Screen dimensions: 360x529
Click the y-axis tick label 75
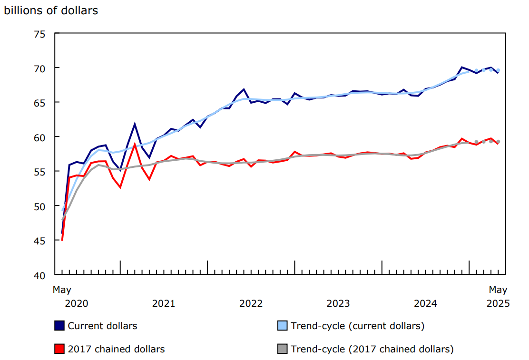(39, 34)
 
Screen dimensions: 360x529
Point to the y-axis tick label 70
(39, 68)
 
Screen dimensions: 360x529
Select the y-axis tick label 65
(39, 103)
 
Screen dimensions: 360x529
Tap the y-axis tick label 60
(39, 137)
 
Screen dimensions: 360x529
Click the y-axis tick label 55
(39, 172)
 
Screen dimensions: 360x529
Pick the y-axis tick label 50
(39, 206)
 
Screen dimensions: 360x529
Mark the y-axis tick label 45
(39, 241)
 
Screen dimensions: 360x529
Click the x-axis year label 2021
(164, 303)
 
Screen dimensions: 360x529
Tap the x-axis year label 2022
(251, 303)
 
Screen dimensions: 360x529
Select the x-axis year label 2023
(338, 303)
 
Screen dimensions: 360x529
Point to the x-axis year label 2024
(426, 303)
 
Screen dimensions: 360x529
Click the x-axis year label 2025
(498, 303)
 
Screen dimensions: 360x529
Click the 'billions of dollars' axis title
(51, 10)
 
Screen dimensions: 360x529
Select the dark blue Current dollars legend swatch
(59, 326)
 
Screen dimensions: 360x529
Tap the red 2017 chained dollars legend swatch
(59, 349)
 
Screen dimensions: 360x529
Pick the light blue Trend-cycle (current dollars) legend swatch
(283, 326)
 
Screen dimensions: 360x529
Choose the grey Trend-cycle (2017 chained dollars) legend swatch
(283, 349)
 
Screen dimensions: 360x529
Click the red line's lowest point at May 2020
(62, 240)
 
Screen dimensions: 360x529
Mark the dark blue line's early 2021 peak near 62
(135, 124)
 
